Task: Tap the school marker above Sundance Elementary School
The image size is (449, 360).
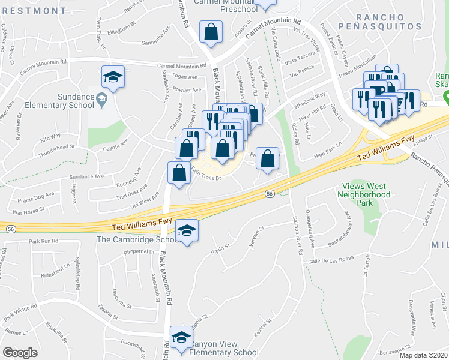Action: coord(112,77)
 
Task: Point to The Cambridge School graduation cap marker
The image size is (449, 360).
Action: coord(187,232)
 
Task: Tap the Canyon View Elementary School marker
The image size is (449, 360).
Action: coord(181,338)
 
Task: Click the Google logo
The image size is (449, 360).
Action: coord(20,353)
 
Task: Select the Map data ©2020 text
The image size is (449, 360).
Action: coord(423,355)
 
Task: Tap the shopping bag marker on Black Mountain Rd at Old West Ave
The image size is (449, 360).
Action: coord(179,173)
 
